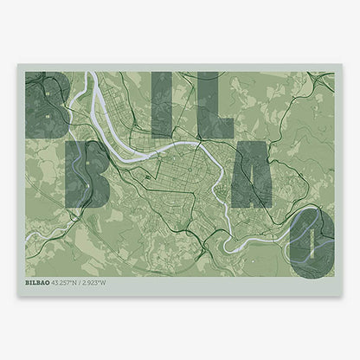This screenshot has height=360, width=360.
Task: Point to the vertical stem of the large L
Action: (x=203, y=105)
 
